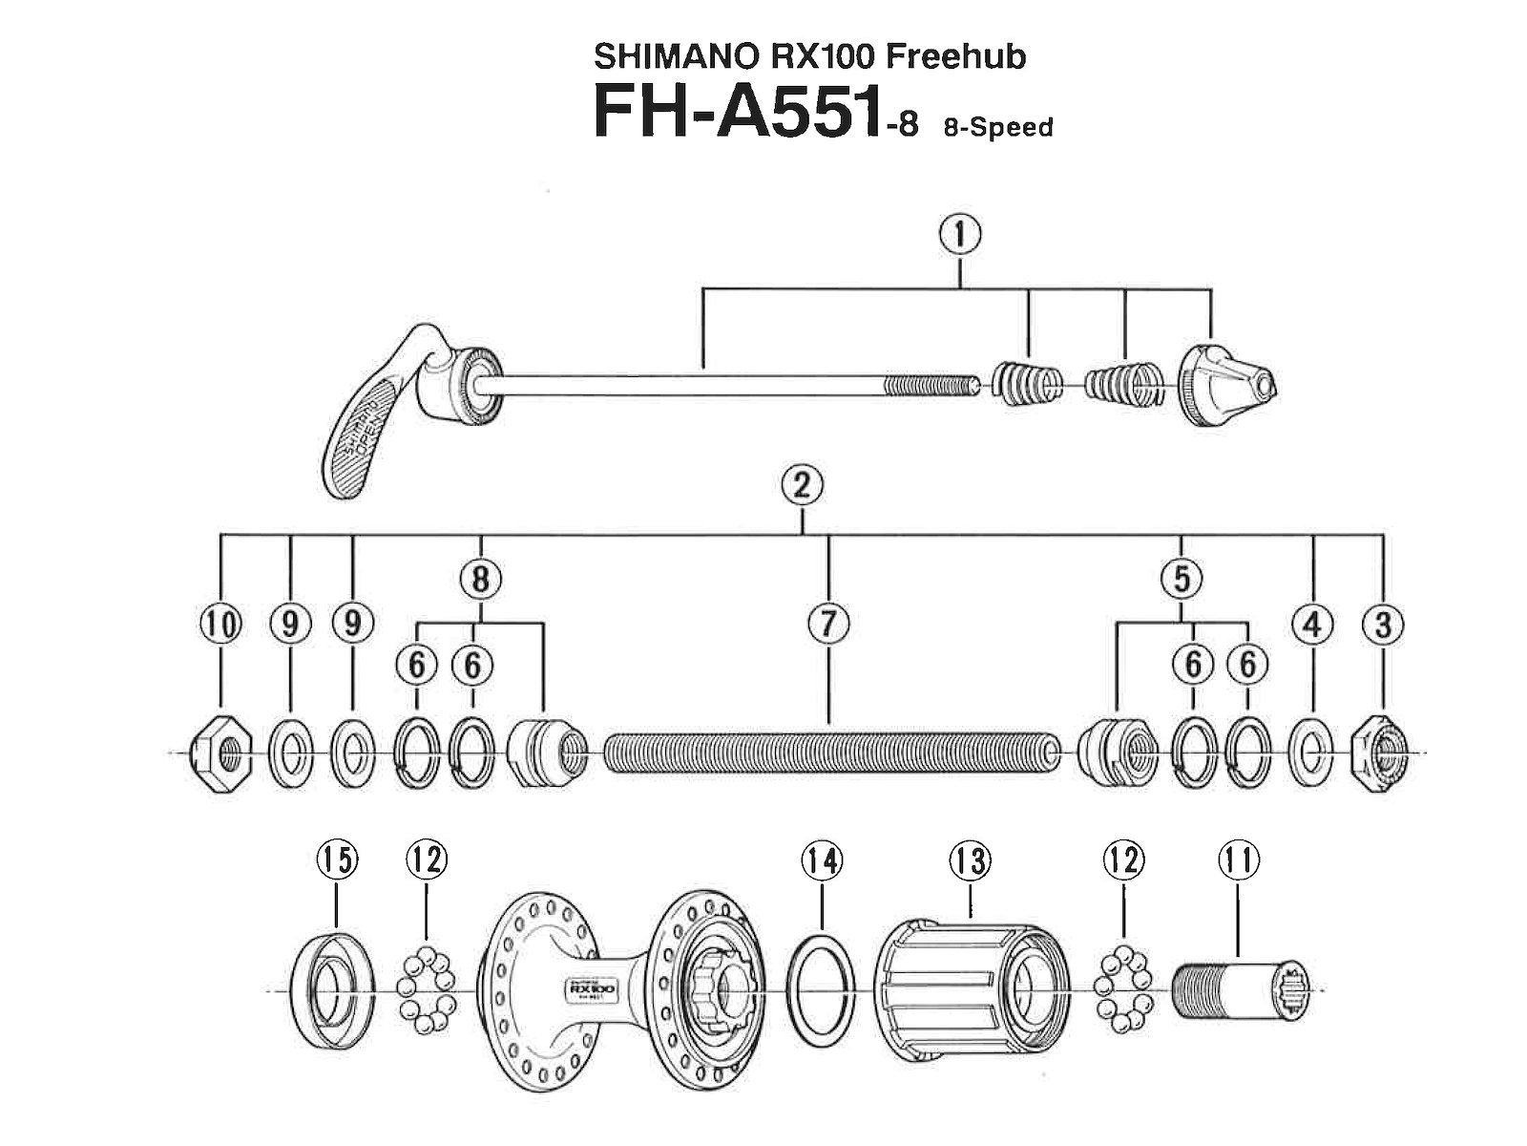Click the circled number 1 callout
coord(960,234)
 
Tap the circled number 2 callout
coord(802,486)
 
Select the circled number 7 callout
coord(827,624)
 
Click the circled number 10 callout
coord(220,624)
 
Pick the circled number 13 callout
coord(970,860)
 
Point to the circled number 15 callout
coord(338,860)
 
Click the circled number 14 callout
coord(822,860)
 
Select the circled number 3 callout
coord(1383,624)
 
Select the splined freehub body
coord(964,986)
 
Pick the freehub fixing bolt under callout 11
coord(1236,992)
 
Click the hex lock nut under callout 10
coord(221,754)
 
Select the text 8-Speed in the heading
coord(997,127)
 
